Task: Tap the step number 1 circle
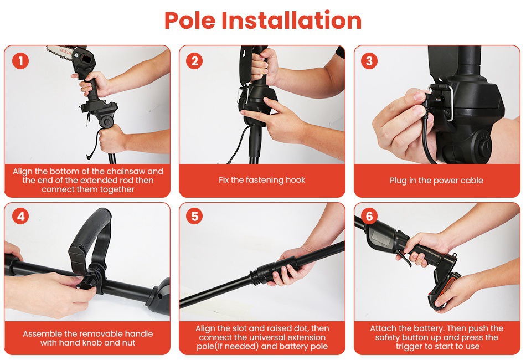click(x=20, y=61)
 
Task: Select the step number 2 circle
click(x=194, y=61)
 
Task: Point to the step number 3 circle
click(x=369, y=61)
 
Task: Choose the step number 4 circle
click(x=20, y=217)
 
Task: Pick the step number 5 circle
click(x=194, y=217)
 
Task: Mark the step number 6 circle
click(x=369, y=217)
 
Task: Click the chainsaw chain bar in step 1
click(x=60, y=53)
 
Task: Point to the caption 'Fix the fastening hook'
click(x=262, y=180)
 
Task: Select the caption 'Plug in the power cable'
click(x=436, y=181)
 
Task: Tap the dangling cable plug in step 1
click(x=89, y=156)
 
